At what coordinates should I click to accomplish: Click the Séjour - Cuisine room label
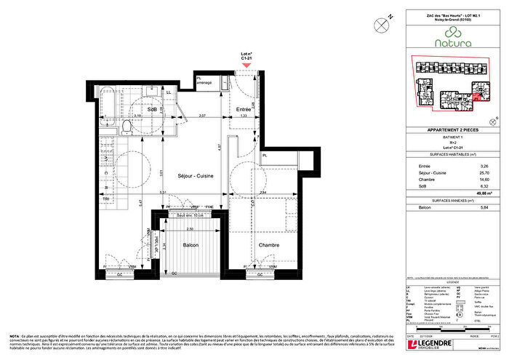tap(196, 177)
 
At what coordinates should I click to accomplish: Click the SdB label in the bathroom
tap(152, 109)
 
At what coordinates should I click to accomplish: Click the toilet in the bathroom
tap(127, 128)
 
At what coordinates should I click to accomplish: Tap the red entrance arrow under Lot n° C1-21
tap(247, 65)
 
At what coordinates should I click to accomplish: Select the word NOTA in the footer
tap(15, 316)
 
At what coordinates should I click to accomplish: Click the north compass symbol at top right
tap(381, 24)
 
